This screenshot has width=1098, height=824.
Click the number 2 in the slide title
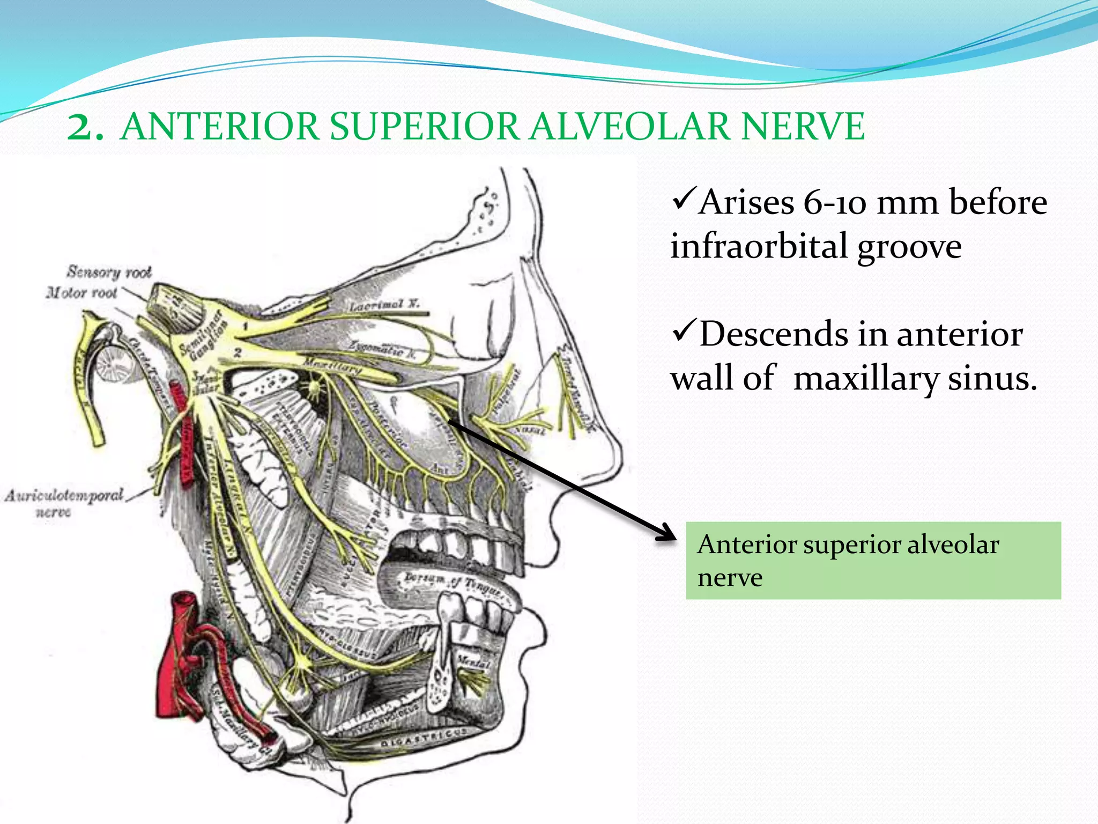tap(84, 128)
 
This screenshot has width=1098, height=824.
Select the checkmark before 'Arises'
tap(684, 199)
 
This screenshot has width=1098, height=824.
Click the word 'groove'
tap(909, 247)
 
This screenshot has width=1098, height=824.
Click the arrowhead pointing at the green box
tap(667, 533)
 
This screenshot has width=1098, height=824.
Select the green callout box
tap(873, 560)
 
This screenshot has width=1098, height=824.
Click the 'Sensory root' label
tap(109, 272)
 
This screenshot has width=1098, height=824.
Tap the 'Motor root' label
tap(81, 293)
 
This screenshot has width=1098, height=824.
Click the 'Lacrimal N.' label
tap(384, 305)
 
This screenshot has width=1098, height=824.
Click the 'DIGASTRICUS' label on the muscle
tap(424, 737)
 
